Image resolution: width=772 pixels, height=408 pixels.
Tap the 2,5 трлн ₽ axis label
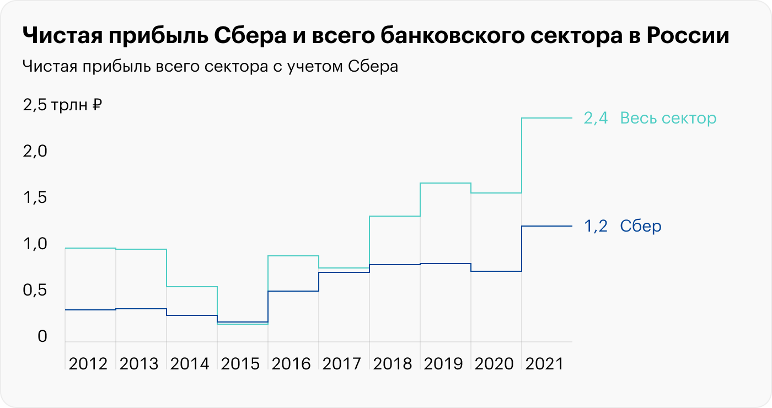pos(62,105)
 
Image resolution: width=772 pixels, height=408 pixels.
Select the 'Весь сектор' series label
pos(668,118)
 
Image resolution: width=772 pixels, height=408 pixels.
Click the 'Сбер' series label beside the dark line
pos(641,226)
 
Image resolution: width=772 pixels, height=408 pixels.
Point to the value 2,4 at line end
pos(596,118)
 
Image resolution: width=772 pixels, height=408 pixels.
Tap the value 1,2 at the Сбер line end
pos(596,226)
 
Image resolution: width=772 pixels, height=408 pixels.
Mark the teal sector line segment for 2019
pos(446,183)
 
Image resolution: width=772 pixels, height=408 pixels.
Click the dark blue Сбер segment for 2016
pos(293,291)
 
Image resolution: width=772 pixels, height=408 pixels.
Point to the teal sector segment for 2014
pos(192,287)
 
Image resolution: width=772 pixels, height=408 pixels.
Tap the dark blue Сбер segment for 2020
pos(496,271)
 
